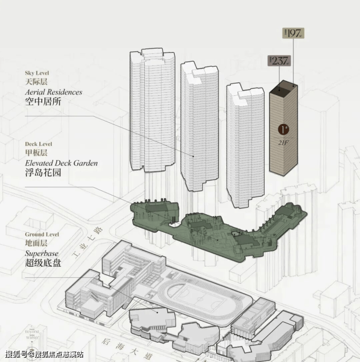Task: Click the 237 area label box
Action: point(279,61)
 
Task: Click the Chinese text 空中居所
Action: point(43,102)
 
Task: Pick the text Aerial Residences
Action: point(53,92)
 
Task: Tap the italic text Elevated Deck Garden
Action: point(61,163)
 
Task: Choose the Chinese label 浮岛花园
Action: point(43,172)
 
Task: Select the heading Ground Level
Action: point(41,234)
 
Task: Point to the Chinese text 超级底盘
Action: point(43,263)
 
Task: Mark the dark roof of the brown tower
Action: point(283,88)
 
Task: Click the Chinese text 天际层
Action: point(36,82)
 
